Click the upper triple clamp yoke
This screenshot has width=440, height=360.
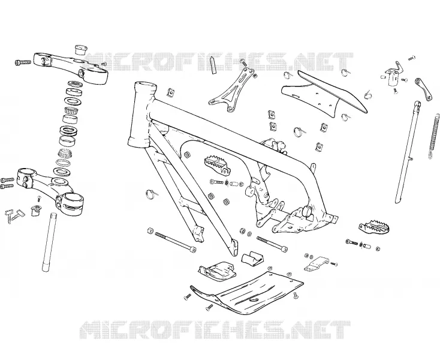click(70, 67)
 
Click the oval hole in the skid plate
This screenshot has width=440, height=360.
click(255, 301)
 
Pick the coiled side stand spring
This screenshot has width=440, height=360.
click(435, 136)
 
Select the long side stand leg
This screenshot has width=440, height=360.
click(408, 152)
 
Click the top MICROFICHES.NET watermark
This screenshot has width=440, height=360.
click(219, 62)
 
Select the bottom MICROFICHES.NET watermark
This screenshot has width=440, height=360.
click(215, 329)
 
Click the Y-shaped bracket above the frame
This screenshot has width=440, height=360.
click(232, 90)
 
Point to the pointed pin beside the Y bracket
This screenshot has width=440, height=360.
click(213, 65)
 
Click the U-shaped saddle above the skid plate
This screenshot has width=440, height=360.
click(252, 259)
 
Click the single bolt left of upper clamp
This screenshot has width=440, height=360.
click(23, 62)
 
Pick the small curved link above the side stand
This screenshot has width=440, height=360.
click(424, 88)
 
